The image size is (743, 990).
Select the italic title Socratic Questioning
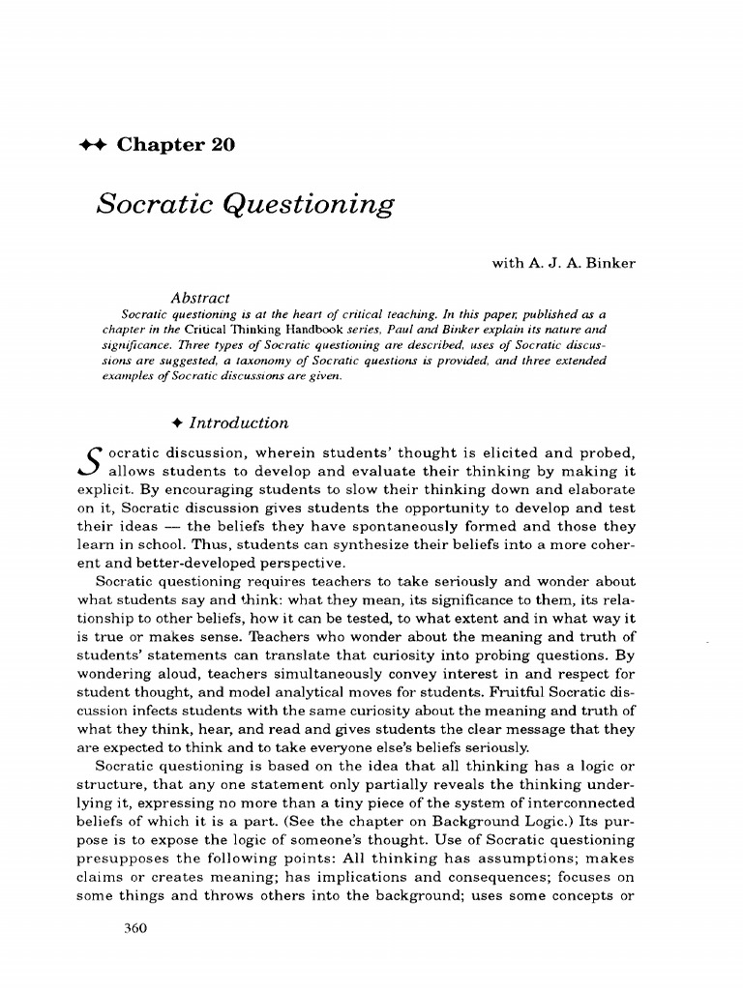pos(246,205)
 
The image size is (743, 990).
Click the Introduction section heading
pos(238,422)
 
